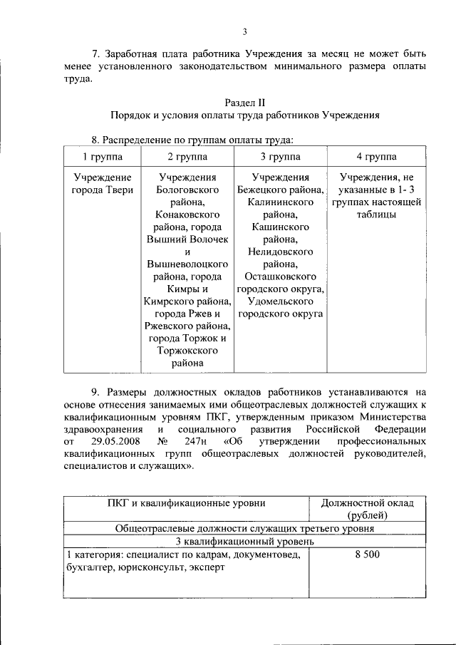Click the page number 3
[x=244, y=31]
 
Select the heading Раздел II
[x=244, y=103]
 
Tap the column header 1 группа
[x=103, y=157]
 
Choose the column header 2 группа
[x=187, y=157]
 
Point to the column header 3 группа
[x=280, y=157]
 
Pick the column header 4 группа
[x=376, y=157]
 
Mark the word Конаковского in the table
[x=187, y=215]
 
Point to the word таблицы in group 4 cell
[x=376, y=215]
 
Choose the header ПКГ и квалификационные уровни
[x=185, y=503]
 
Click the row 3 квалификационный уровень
[x=244, y=541]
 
